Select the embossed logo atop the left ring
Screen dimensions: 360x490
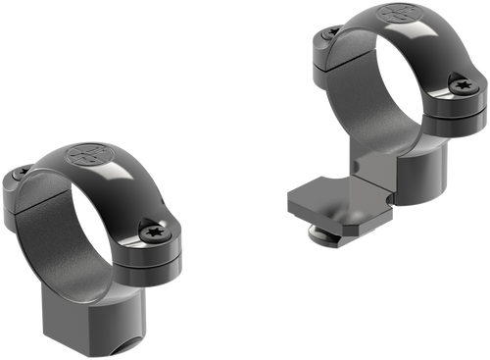(x=85, y=157)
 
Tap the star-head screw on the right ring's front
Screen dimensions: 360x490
(x=462, y=86)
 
